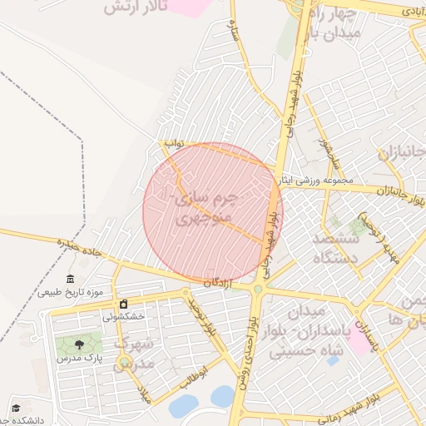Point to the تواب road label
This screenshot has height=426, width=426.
coord(173,143)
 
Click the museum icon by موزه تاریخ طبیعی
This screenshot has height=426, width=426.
coord(71,279)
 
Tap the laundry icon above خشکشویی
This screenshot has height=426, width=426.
coord(124,304)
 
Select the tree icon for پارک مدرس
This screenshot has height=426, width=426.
coord(79,344)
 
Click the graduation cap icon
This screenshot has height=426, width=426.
coord(15,409)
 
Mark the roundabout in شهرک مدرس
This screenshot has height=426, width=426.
coord(123,362)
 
